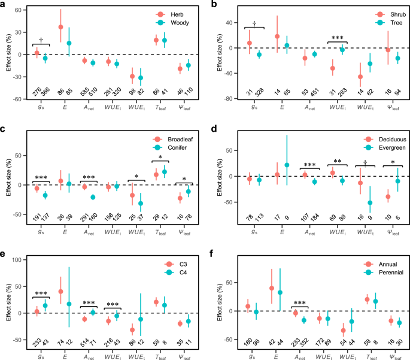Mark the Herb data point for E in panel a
tap(60, 27)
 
